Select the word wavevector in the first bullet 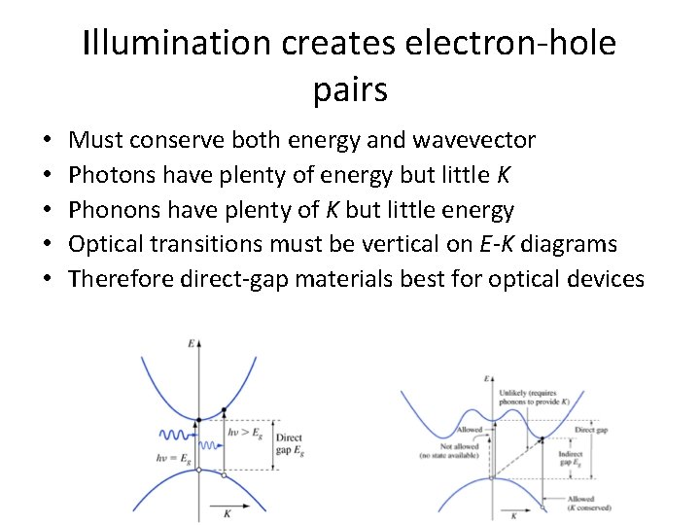pyautogui.click(x=473, y=140)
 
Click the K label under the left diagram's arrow pyautogui.click(x=227, y=511)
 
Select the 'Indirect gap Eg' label pyautogui.click(x=571, y=459)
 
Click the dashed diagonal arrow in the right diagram pyautogui.click(x=520, y=451)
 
